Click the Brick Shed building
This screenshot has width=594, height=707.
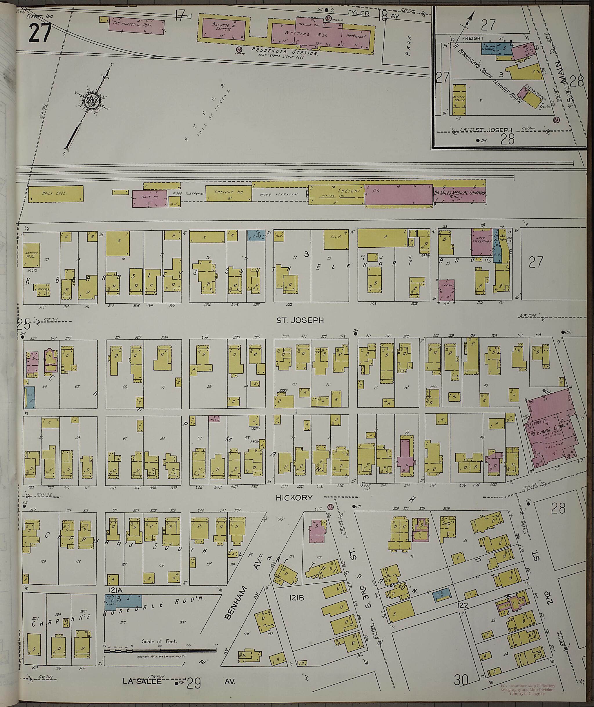pyautogui.click(x=56, y=194)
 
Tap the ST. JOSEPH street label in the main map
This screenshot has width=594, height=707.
pyautogui.click(x=300, y=320)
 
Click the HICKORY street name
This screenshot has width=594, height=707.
pyautogui.click(x=294, y=498)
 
